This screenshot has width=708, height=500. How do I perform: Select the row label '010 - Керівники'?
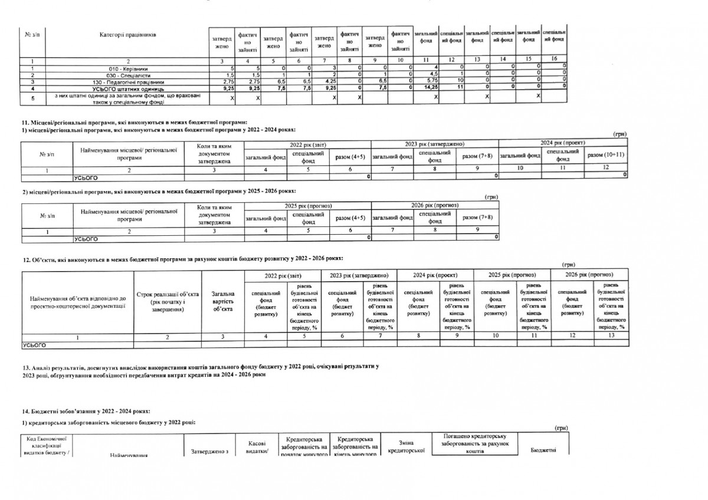coord(128,68)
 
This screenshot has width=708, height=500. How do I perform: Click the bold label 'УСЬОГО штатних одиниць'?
coord(128,88)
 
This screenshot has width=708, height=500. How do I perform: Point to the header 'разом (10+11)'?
coord(606,155)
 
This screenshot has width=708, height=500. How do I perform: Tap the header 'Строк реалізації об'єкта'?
coord(167,298)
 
